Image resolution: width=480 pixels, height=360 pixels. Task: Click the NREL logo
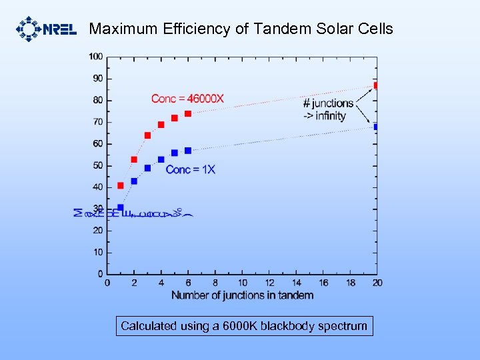[x=45, y=29]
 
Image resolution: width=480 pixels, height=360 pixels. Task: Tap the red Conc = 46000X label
[x=187, y=99]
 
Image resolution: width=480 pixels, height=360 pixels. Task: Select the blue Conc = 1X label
[x=190, y=169]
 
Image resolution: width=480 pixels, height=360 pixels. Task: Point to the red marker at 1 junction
[x=121, y=185]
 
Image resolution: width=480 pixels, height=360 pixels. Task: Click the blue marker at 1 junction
[x=121, y=207]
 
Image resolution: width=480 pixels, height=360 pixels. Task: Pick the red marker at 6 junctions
[x=188, y=113]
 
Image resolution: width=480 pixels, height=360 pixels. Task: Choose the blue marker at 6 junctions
[x=188, y=151]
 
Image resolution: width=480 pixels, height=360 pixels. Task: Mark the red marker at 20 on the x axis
[x=376, y=85]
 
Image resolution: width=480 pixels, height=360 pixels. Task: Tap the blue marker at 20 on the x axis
[x=376, y=127]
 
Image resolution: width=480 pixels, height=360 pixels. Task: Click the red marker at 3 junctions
[x=147, y=135]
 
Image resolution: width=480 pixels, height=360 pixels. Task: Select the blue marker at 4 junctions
[x=161, y=159]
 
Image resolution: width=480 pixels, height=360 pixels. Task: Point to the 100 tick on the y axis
[x=96, y=57]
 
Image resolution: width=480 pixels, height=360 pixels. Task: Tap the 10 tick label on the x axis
[x=242, y=283]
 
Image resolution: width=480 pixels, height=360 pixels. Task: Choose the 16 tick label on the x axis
[x=323, y=283]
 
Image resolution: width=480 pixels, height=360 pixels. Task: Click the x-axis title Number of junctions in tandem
[x=242, y=295]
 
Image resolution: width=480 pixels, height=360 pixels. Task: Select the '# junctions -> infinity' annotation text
[x=327, y=109]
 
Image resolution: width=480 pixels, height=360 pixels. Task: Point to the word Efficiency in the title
[x=195, y=29]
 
